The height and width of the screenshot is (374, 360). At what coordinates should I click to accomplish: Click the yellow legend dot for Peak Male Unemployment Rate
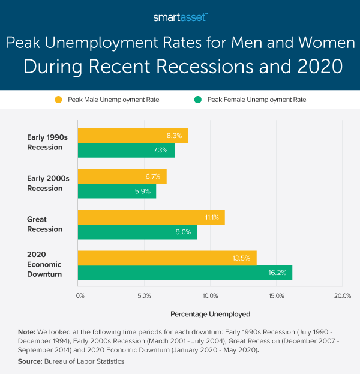(x=58, y=100)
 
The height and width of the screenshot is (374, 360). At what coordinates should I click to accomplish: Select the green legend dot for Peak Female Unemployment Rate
(x=197, y=100)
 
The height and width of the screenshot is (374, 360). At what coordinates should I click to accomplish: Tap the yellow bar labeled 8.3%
(x=133, y=136)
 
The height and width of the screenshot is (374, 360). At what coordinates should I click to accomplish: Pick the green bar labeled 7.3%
(x=126, y=151)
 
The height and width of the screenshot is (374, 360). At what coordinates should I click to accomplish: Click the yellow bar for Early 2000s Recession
(x=122, y=176)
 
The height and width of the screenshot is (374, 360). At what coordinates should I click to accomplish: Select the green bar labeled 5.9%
(x=117, y=192)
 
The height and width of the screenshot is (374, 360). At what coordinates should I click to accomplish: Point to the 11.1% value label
(x=214, y=217)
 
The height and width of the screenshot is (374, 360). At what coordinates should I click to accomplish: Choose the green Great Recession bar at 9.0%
(x=137, y=232)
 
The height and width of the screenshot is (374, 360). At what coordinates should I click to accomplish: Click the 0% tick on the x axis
(x=80, y=296)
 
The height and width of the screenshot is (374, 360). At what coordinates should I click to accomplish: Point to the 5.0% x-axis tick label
(x=144, y=296)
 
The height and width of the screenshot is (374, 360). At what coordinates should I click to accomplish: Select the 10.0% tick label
(x=210, y=296)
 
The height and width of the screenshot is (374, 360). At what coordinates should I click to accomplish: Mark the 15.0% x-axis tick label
(x=276, y=296)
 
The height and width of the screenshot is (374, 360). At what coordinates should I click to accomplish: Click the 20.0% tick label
(x=342, y=296)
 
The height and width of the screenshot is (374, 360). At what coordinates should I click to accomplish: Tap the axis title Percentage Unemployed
(x=210, y=313)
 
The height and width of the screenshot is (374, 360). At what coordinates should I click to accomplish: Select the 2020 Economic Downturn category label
(x=44, y=265)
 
